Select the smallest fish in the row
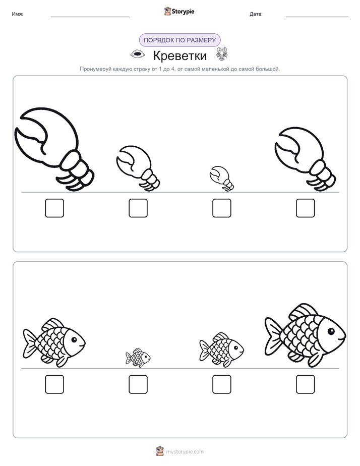coord(138,358)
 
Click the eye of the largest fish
coord(331,331)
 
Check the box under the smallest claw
coord(221,208)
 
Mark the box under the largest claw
coord(54,208)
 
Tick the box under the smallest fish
coord(138,384)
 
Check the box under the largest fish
coord(306,384)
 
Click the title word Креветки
coord(180,55)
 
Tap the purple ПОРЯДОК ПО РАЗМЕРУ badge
coord(179,40)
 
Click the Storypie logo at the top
coord(179,11)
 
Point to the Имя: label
coord(17,14)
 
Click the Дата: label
coord(256,14)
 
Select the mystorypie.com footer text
coord(185,452)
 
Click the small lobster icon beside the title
coord(222,53)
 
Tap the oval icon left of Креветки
coord(138,54)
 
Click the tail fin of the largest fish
coord(273,336)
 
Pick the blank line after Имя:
coord(90,17)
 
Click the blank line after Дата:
coord(317,17)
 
